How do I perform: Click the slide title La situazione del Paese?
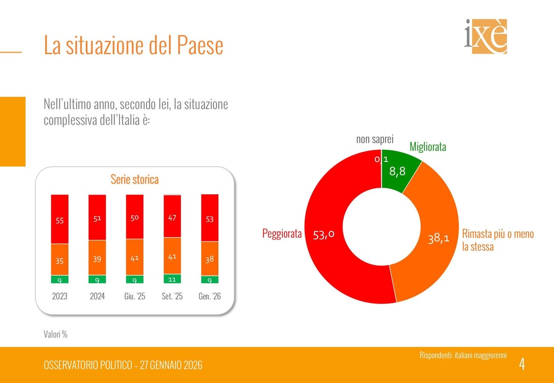click(133, 45)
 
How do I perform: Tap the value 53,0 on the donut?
click(324, 234)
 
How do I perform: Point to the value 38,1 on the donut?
click(439, 238)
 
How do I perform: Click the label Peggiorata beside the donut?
click(282, 234)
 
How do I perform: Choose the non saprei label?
click(375, 139)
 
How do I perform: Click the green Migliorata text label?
click(428, 147)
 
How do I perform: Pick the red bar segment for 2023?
click(60, 219)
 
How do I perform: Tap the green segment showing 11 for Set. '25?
click(172, 279)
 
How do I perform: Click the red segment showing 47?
click(172, 216)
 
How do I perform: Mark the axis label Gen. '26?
click(209, 296)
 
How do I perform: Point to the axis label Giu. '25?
click(135, 296)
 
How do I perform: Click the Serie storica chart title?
click(134, 179)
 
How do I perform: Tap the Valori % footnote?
click(55, 334)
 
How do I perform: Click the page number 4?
click(522, 365)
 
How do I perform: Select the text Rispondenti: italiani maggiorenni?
click(463, 355)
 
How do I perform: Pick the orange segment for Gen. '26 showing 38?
click(209, 258)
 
